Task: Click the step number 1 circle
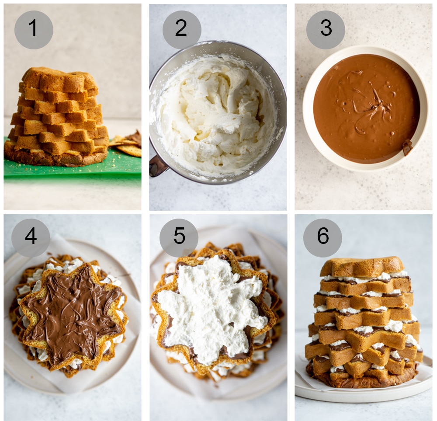[x=34, y=30]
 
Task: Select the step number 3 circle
[x=326, y=30]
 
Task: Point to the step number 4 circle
[x=31, y=238]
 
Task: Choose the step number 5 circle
[x=179, y=238]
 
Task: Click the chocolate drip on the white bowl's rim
[x=407, y=147]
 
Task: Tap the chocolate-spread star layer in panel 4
[x=72, y=315]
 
